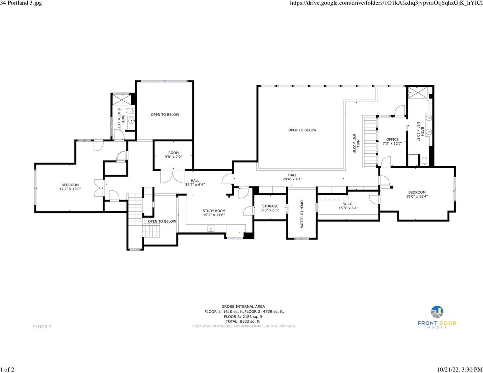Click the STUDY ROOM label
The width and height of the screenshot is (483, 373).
214,211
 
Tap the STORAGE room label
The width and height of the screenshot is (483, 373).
270,206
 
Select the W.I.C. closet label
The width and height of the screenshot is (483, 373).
348,204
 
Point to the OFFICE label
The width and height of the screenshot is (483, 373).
392,139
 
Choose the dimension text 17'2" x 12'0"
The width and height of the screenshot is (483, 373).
70,189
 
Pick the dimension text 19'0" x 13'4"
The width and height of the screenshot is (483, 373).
417,196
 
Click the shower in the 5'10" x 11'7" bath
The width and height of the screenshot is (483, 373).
121,99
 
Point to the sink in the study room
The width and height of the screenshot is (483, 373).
211,229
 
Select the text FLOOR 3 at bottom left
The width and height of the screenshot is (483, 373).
42,327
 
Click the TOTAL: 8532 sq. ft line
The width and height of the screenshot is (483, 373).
243,321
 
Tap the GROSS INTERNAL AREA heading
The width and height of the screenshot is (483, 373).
243,306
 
